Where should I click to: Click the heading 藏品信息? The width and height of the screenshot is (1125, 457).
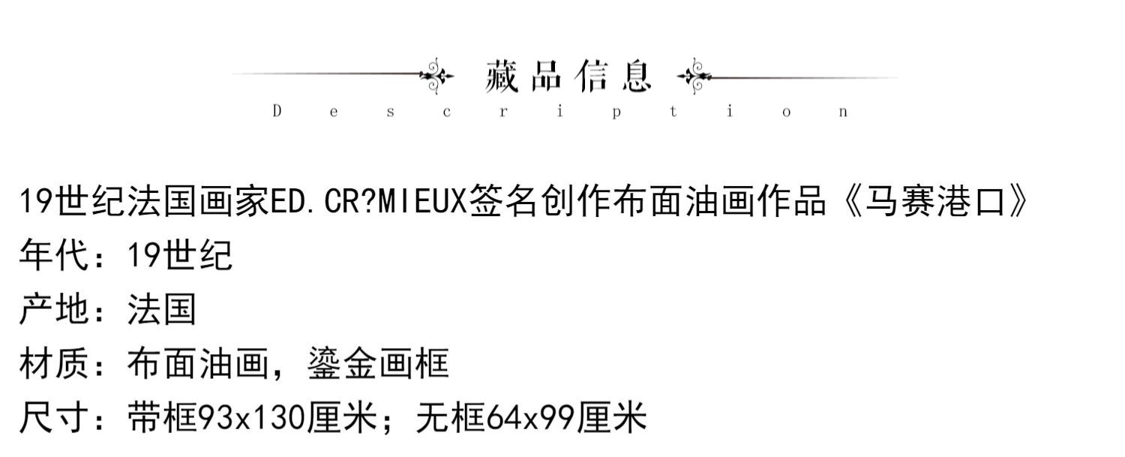click(x=568, y=77)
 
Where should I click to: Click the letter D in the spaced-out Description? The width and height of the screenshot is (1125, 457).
click(x=277, y=112)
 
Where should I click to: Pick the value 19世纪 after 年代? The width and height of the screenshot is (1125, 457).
click(x=180, y=256)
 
